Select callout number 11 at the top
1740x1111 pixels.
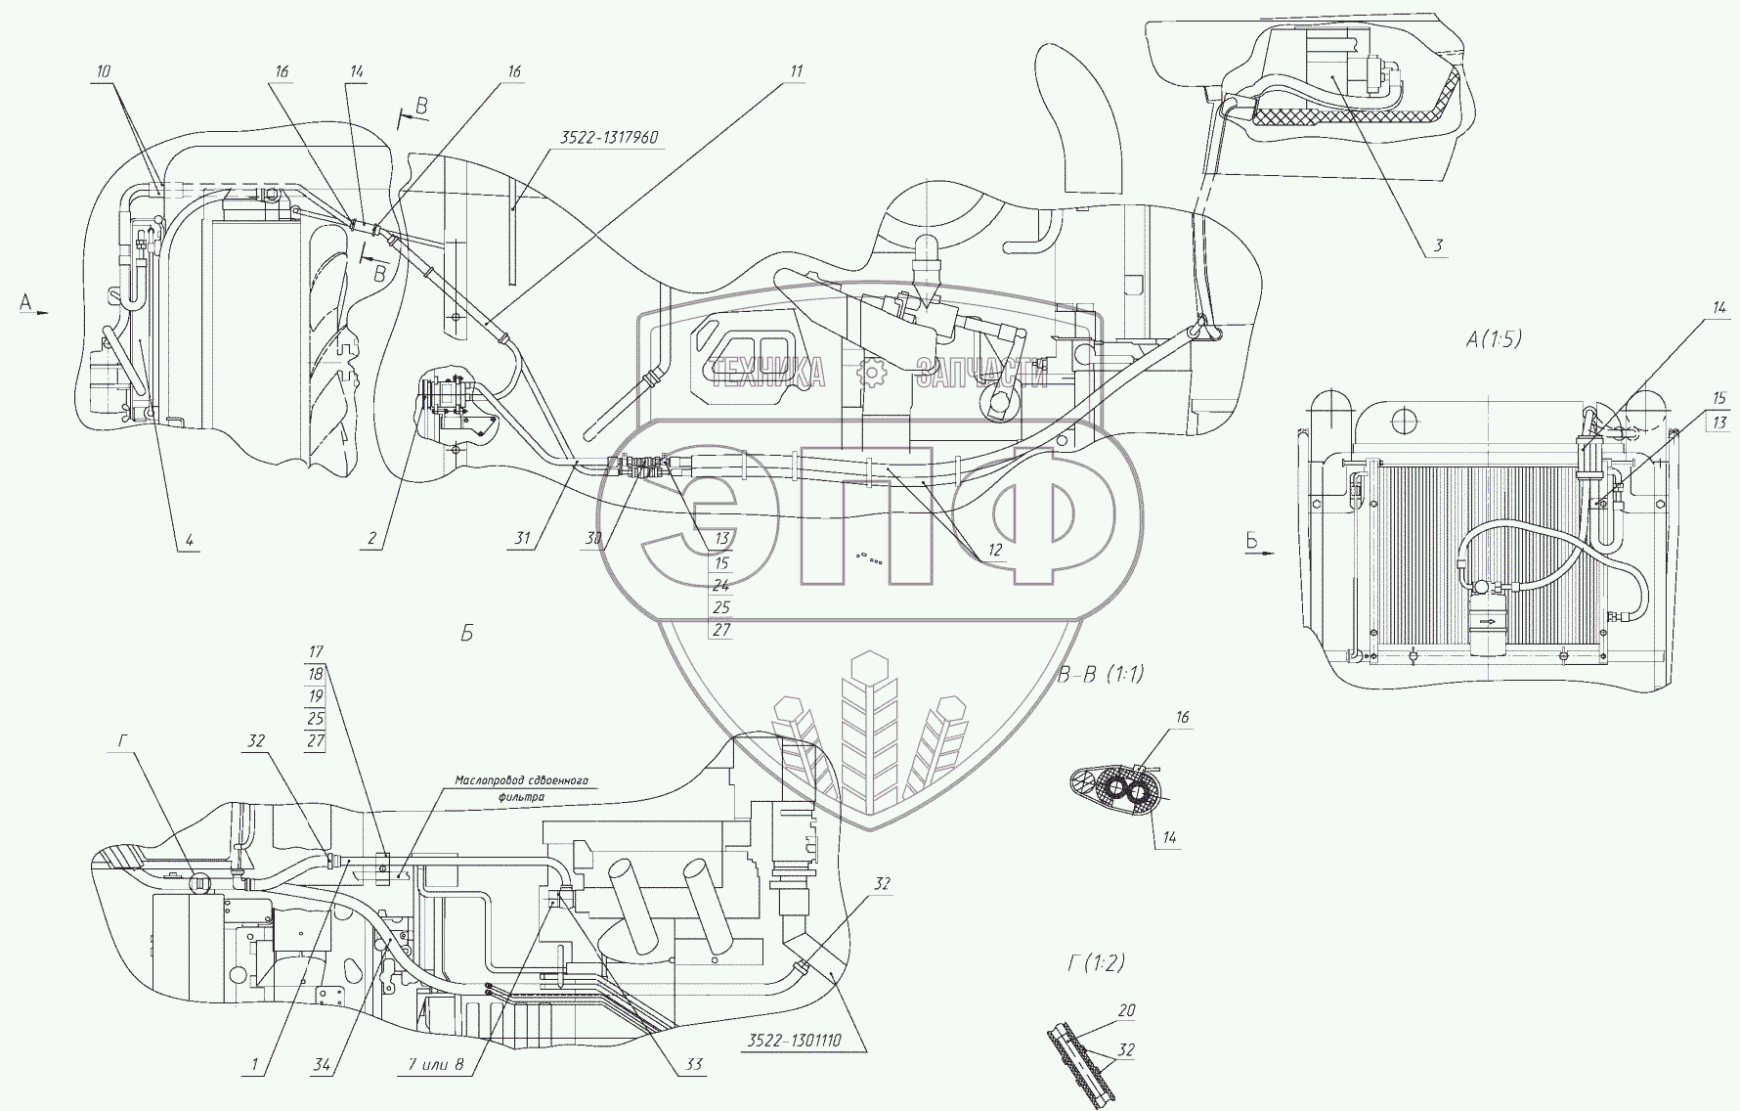pos(797,71)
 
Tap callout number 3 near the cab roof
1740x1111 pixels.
pos(1438,245)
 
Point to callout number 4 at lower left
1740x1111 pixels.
pos(189,539)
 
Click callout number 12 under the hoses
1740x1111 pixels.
pos(995,550)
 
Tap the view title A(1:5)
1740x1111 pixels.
pos(1494,339)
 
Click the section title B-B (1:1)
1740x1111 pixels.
pos(1100,674)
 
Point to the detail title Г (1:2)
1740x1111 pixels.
pos(1096,963)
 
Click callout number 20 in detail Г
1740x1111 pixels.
pos(1126,1011)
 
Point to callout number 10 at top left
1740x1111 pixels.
pos(104,71)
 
